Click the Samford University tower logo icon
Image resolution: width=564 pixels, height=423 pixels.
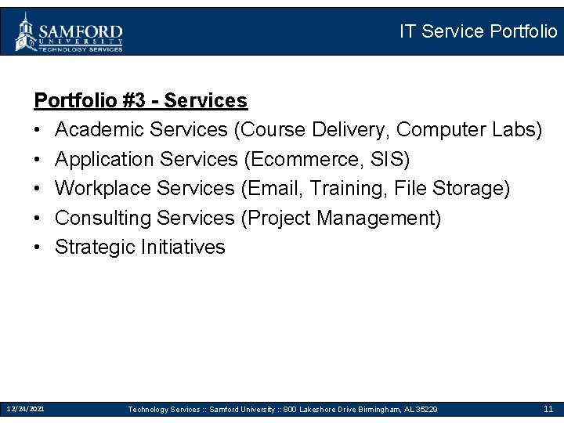click(x=25, y=31)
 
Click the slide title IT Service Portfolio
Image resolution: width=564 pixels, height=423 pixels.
click(x=478, y=31)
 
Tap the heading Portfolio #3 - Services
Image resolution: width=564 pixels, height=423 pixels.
click(x=140, y=101)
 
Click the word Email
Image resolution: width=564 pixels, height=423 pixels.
click(x=275, y=188)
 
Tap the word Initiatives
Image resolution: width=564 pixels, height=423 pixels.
click(x=183, y=248)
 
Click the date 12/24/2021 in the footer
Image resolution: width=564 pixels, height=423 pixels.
click(x=25, y=409)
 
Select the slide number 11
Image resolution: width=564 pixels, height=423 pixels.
click(x=548, y=409)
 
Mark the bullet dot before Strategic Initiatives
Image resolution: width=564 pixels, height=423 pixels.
click(x=38, y=248)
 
